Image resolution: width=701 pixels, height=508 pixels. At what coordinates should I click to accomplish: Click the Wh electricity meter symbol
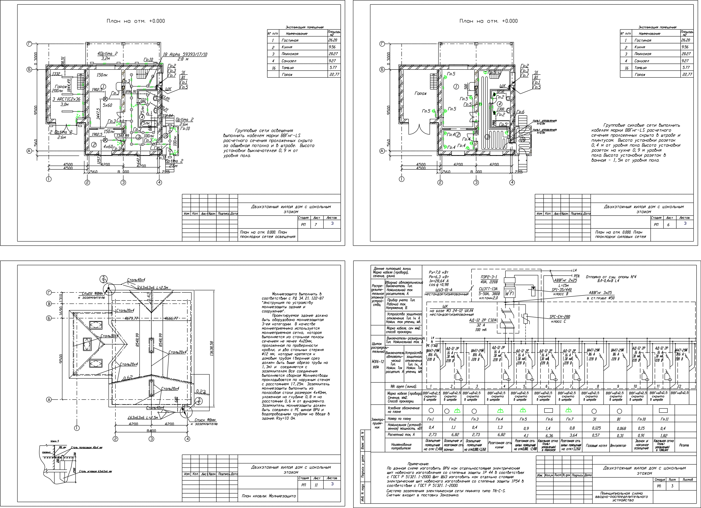coord(509,293)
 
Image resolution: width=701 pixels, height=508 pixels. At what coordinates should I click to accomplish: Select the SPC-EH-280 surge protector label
coord(559,317)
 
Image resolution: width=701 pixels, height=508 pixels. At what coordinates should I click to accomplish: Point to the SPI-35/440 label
coord(562,290)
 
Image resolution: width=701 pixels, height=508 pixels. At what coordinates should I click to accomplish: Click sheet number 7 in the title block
coord(316,224)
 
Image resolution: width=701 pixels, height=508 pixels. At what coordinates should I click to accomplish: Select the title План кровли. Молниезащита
coord(269,496)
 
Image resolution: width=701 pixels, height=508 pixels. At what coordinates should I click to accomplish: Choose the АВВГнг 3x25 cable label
coord(600,293)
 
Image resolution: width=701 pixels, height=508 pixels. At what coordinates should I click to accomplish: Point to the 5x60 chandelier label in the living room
coord(107,105)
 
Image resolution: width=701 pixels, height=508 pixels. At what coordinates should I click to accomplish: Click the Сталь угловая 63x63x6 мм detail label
coord(95,471)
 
